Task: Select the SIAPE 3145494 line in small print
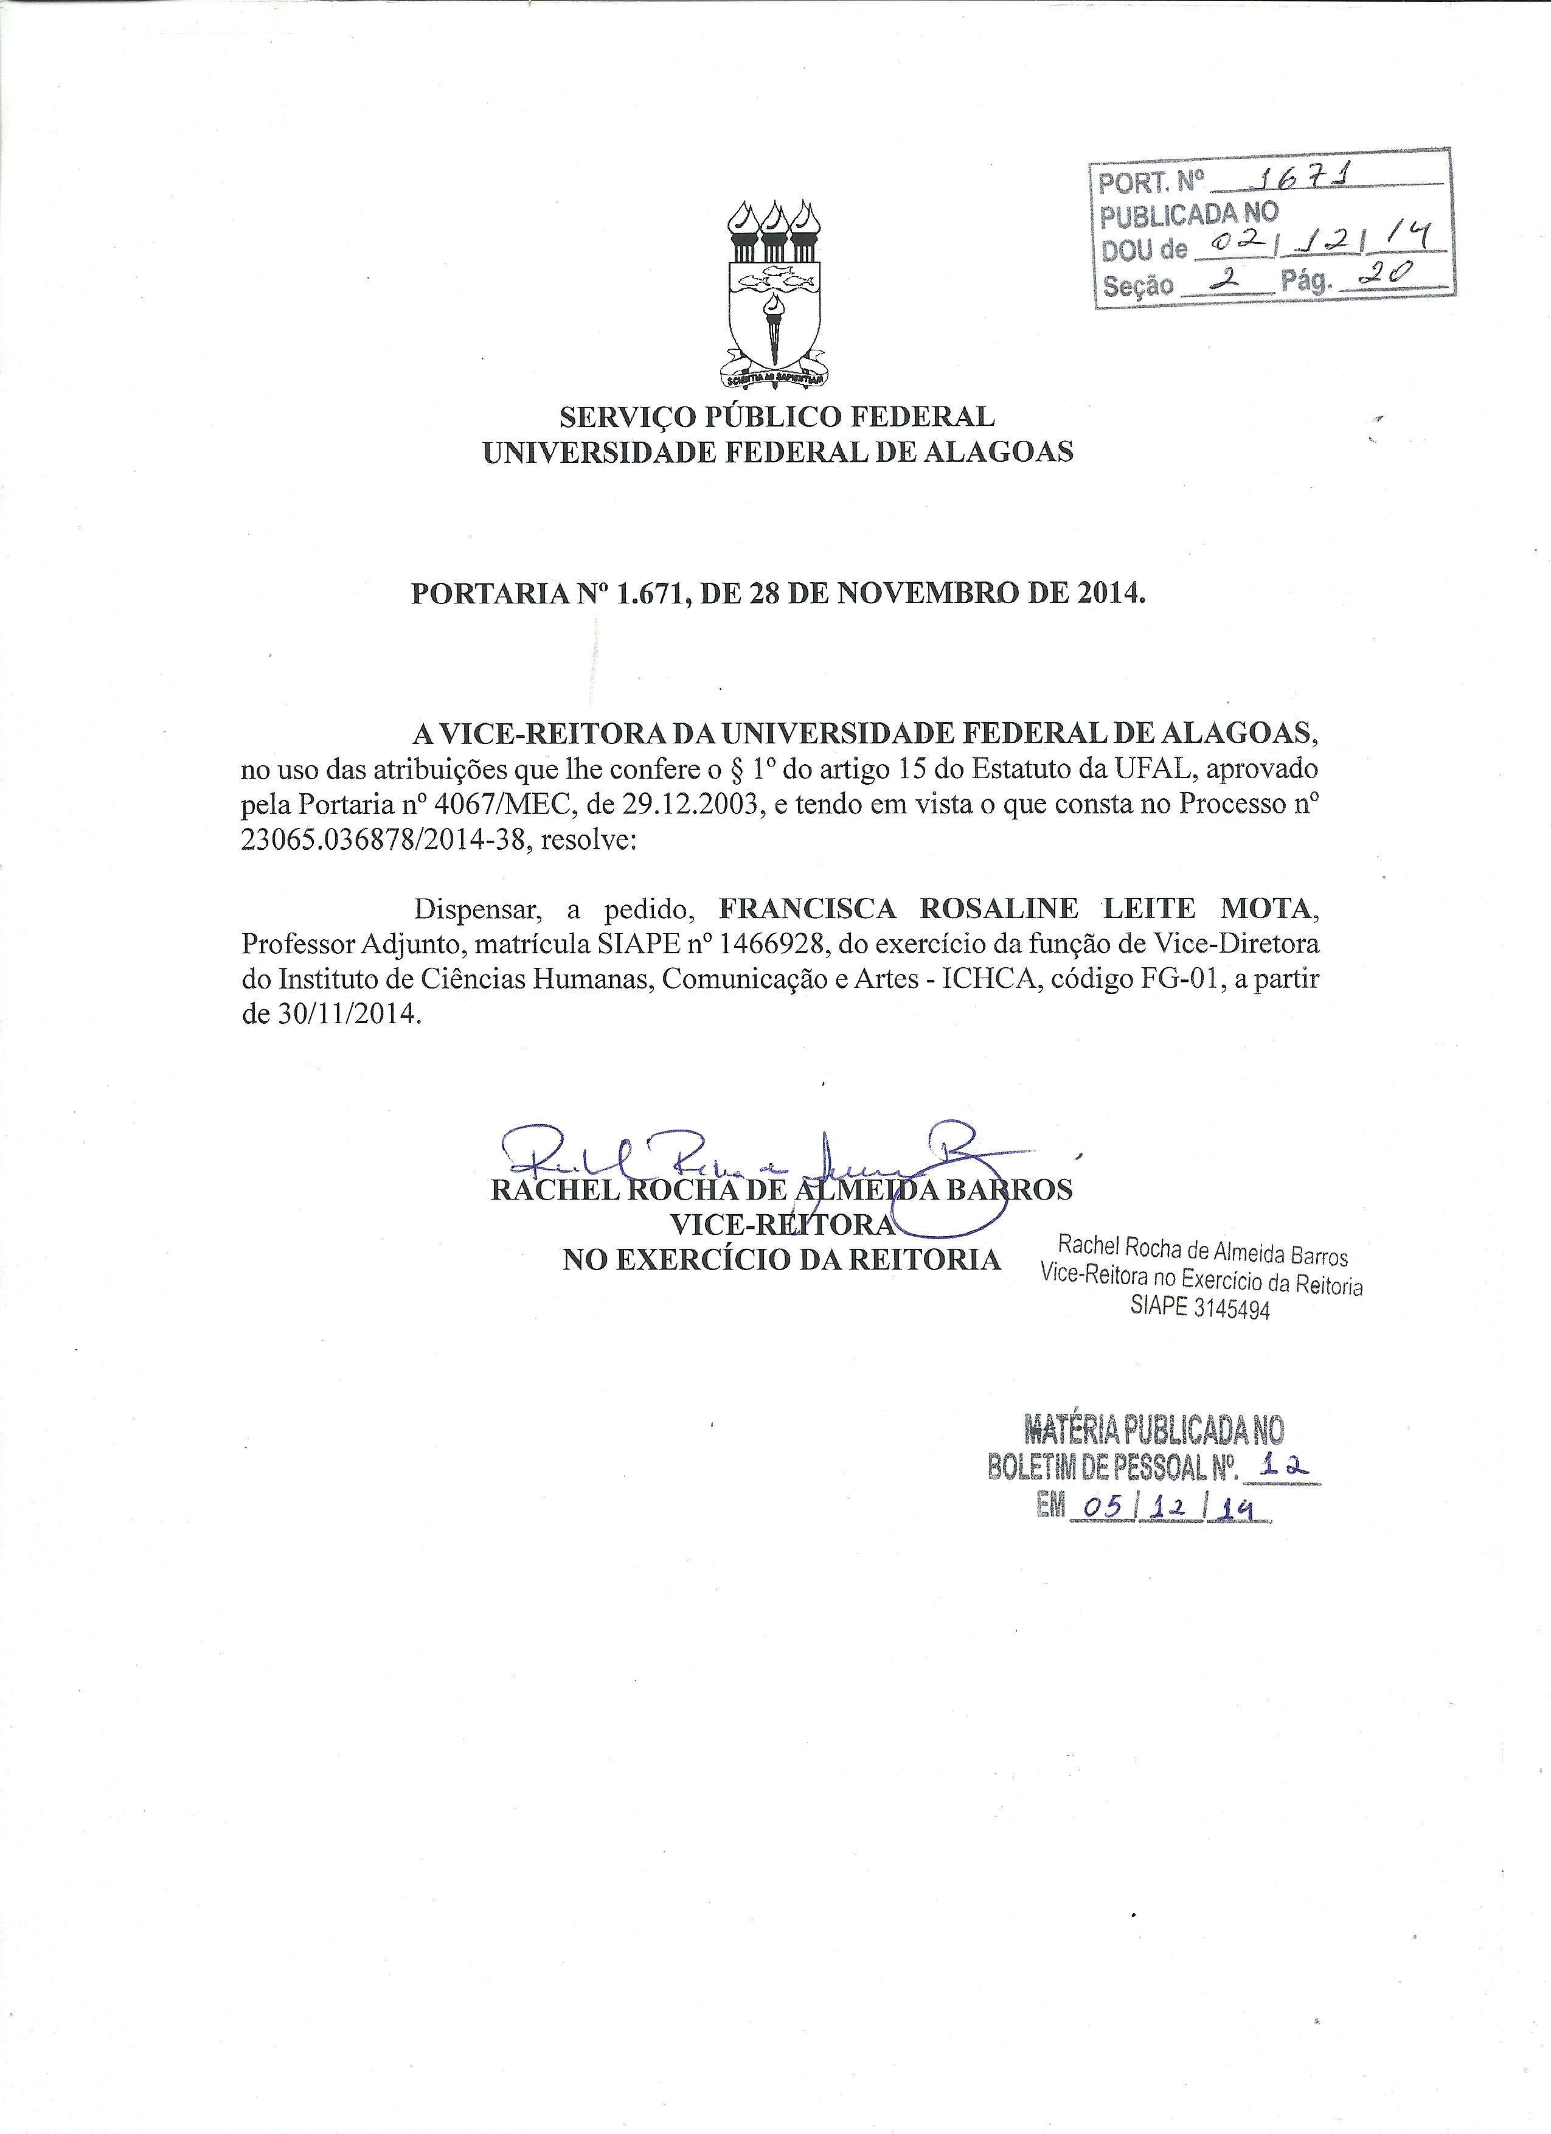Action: [1200, 1309]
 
